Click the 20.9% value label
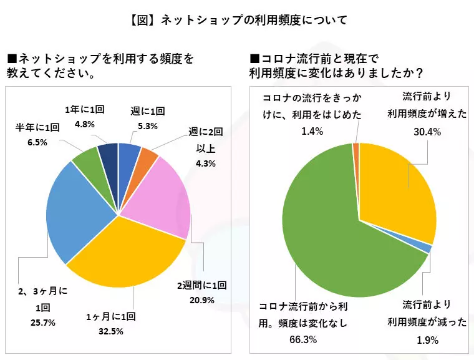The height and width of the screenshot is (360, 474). pos(202,300)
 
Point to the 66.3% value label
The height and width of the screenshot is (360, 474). pos(303,339)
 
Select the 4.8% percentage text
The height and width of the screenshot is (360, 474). pos(85,124)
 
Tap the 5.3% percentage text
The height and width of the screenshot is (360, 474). pos(148,126)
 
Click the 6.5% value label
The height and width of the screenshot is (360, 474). pos(37,142)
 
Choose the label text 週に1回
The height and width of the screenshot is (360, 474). pos(148,111)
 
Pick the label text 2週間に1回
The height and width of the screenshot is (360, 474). pos(202,285)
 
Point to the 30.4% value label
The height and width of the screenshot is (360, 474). pos(427,132)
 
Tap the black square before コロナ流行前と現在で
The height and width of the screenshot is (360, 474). pos(256,58)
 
